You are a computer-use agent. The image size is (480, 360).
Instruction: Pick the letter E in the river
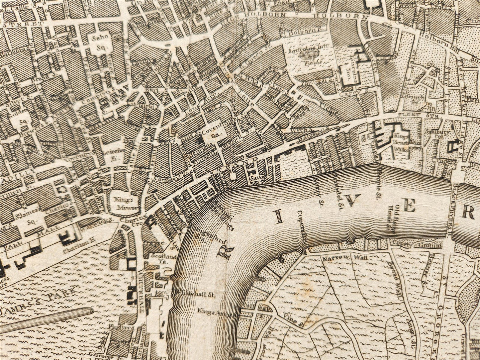409,207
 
